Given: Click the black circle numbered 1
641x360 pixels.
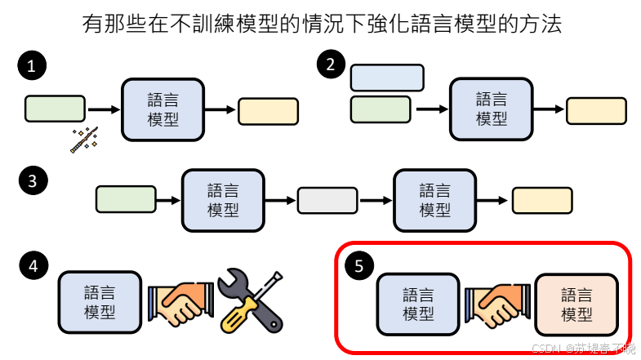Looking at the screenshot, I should click(31, 68).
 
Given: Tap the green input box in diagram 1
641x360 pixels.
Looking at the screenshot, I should click(55, 109).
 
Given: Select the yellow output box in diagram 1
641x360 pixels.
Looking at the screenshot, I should click(268, 111).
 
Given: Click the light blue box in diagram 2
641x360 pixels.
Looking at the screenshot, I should click(387, 78).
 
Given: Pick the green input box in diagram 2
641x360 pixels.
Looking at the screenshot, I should click(380, 109).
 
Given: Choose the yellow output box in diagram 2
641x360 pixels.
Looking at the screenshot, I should click(596, 111).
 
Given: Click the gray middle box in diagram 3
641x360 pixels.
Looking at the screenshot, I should click(327, 200).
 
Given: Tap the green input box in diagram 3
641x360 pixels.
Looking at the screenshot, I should click(126, 199).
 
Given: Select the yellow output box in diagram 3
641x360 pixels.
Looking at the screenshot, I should click(542, 200).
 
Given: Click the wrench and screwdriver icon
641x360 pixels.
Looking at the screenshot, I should click(252, 300).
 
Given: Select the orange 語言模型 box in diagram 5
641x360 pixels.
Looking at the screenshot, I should click(577, 303).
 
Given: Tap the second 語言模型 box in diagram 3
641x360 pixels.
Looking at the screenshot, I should click(434, 200).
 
